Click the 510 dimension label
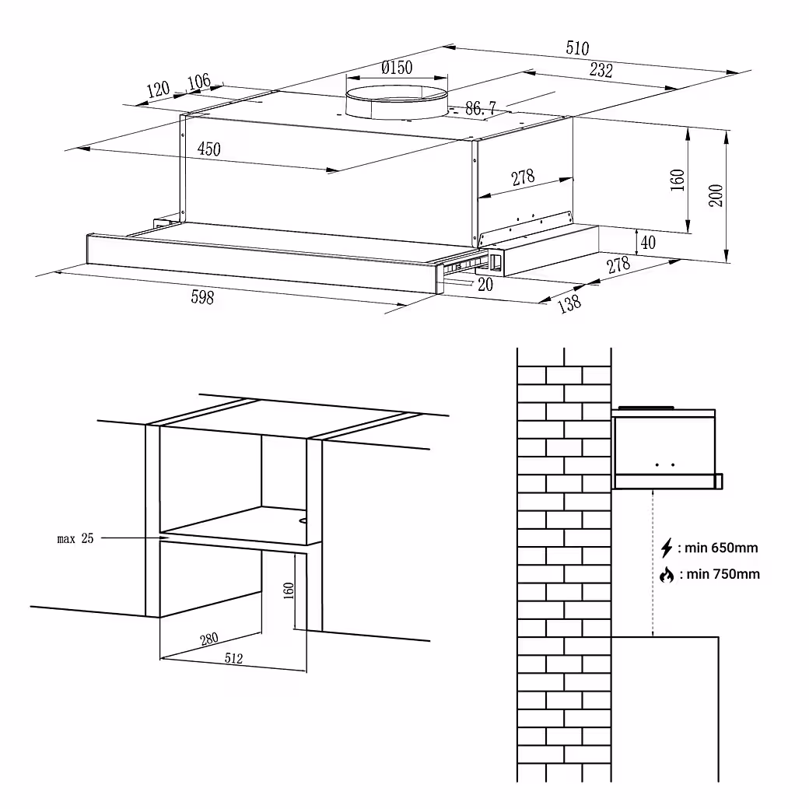click(x=577, y=48)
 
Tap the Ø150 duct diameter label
click(x=397, y=67)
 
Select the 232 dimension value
click(x=601, y=70)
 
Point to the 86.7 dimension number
click(x=481, y=108)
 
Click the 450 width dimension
click(x=209, y=149)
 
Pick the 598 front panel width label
click(x=202, y=297)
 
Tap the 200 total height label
click(x=716, y=195)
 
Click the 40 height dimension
click(x=648, y=242)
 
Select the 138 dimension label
click(x=569, y=303)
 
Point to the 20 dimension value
click(x=485, y=284)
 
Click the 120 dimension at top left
click(x=158, y=89)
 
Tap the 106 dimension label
click(x=198, y=82)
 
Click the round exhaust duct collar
click(x=396, y=102)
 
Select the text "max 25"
click(x=75, y=538)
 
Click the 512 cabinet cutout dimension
click(x=233, y=658)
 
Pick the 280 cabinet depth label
click(x=209, y=639)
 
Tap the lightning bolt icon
click(x=667, y=548)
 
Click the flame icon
click(x=667, y=575)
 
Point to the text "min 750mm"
click(x=723, y=574)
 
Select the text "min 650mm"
click(x=721, y=548)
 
